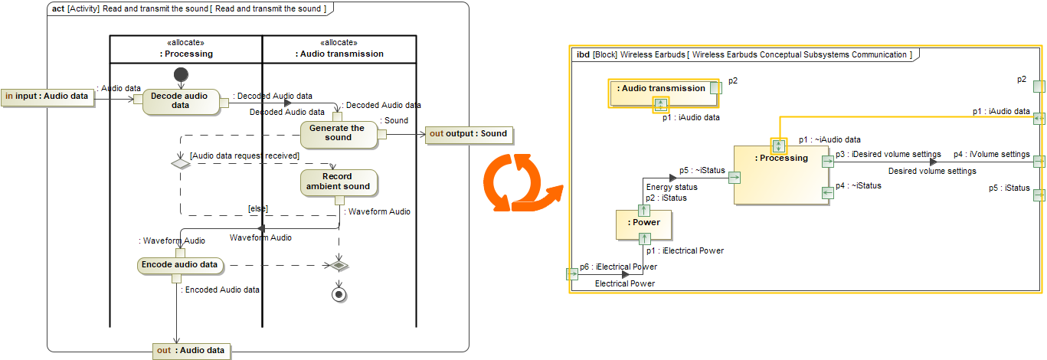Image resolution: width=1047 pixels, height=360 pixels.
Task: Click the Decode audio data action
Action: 180,100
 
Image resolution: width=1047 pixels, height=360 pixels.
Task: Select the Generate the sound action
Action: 338,133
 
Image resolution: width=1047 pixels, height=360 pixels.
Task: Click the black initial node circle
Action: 181,74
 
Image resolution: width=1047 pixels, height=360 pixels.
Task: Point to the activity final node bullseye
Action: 337,295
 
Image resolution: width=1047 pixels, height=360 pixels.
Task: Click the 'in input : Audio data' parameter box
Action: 47,97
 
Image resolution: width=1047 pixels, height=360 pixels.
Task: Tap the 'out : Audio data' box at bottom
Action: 191,351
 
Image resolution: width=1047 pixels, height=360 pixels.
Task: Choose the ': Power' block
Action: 643,223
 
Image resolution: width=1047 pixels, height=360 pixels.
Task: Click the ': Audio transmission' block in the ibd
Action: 662,89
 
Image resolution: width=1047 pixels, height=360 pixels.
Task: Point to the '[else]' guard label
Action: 257,208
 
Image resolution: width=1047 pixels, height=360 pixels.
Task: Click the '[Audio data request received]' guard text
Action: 244,155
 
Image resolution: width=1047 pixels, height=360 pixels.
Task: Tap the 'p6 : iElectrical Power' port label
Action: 618,267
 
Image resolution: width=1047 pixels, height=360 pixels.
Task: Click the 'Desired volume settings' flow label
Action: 932,172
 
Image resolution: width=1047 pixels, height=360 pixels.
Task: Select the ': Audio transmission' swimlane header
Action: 339,54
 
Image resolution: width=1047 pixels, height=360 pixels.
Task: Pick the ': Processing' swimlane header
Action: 186,54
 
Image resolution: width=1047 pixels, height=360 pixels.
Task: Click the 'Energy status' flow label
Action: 672,187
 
